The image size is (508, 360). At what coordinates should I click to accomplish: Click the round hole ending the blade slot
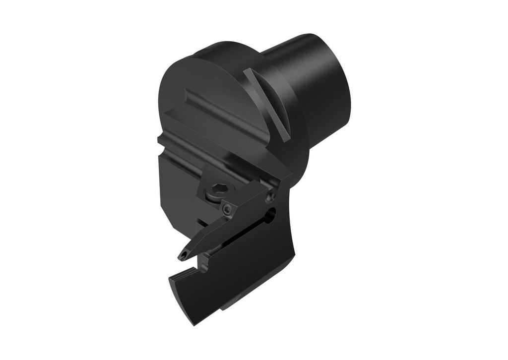(271, 215)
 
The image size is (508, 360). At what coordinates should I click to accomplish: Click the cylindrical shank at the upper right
(317, 89)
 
